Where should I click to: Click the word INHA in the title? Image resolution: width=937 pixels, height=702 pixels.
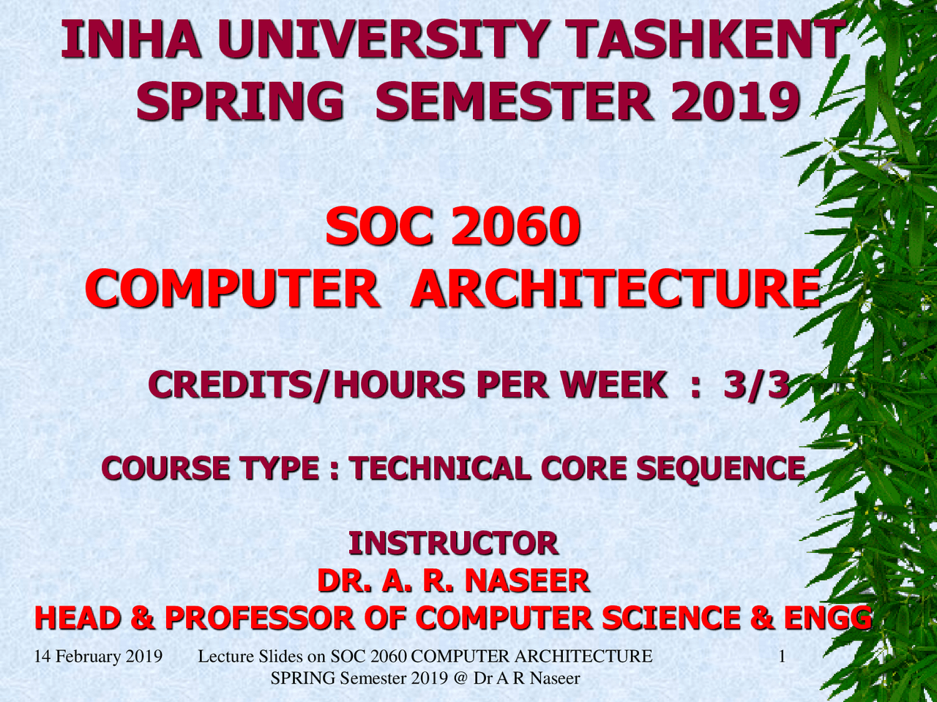point(130,40)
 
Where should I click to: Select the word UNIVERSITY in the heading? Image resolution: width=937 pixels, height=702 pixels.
point(381,40)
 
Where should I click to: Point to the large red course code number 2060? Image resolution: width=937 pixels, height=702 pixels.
point(515,227)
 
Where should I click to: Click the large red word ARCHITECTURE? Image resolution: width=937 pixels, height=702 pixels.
point(615,289)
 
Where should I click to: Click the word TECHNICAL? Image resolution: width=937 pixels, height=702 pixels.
point(440,468)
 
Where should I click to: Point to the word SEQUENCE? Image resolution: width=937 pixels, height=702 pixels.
point(720,468)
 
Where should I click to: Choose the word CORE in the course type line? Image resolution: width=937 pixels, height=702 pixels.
point(583,468)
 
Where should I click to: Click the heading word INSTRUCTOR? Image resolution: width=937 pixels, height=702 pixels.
point(453,543)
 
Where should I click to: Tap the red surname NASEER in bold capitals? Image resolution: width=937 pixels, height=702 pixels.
point(527,581)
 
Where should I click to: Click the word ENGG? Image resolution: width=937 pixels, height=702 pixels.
point(827,619)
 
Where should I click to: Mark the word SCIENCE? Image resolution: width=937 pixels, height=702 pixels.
point(671,619)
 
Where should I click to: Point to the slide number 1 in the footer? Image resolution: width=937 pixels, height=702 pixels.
point(782,656)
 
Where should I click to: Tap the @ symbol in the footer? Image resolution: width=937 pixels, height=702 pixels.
point(460,678)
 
